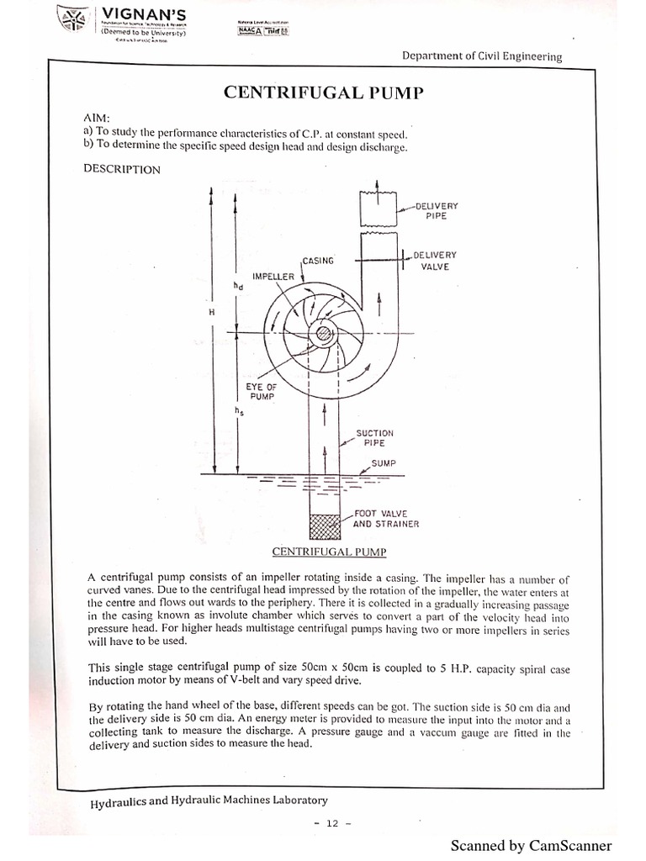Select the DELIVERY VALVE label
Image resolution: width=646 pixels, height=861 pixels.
(436, 260)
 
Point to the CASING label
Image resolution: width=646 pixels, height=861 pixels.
(318, 261)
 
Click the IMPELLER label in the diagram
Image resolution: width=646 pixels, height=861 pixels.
(273, 276)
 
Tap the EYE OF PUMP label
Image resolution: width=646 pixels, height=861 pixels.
(262, 391)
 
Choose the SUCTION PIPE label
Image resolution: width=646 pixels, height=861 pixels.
(374, 437)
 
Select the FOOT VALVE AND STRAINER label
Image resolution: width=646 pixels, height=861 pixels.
(385, 518)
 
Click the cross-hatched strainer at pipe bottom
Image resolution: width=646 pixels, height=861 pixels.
(323, 526)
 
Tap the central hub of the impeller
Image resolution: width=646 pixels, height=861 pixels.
(322, 335)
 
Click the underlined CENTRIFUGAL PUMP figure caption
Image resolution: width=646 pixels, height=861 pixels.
(324, 552)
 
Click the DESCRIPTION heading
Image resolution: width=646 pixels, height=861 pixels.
(121, 169)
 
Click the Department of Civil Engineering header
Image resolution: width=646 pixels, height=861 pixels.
(481, 56)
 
